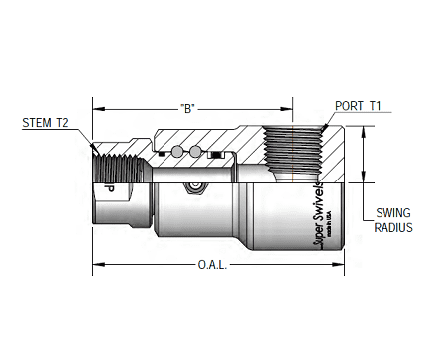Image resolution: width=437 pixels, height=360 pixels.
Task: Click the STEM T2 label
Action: [x=46, y=124]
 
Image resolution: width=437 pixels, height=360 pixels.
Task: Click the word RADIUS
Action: [x=392, y=227]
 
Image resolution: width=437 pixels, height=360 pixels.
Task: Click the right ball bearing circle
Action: [x=197, y=152]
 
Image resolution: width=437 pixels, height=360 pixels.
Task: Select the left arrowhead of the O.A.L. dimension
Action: [x=97, y=265]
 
